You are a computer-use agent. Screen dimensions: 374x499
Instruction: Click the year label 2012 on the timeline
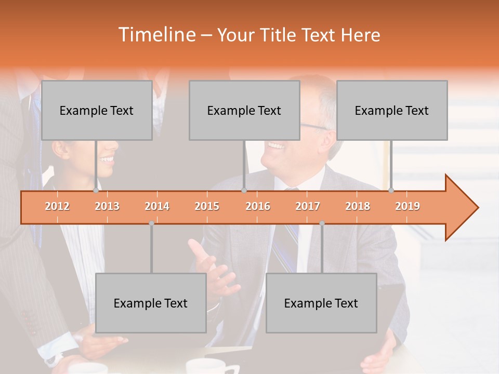point(57,206)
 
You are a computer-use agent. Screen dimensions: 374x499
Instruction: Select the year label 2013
point(107,206)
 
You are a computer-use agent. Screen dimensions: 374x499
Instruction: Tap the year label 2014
point(157,206)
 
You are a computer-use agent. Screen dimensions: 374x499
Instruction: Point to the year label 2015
point(207,206)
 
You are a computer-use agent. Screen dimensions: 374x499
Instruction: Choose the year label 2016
point(258,206)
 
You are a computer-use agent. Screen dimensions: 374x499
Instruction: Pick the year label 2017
point(308,206)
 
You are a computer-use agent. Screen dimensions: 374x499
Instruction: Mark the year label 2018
point(358,206)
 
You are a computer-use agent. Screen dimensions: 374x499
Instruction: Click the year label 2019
point(408,206)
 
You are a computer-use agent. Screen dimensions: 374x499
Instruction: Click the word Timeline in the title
point(156,35)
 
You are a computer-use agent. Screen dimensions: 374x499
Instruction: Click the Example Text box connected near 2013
point(97,110)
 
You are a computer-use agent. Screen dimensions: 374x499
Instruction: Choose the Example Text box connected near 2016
point(244,110)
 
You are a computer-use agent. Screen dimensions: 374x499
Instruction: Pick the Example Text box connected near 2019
point(392,110)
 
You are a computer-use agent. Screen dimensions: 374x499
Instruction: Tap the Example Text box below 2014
point(151,303)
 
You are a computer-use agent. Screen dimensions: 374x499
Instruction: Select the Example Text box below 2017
point(321,303)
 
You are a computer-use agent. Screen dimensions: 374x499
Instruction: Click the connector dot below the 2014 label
point(151,223)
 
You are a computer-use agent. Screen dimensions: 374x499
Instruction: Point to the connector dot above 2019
point(391,190)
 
